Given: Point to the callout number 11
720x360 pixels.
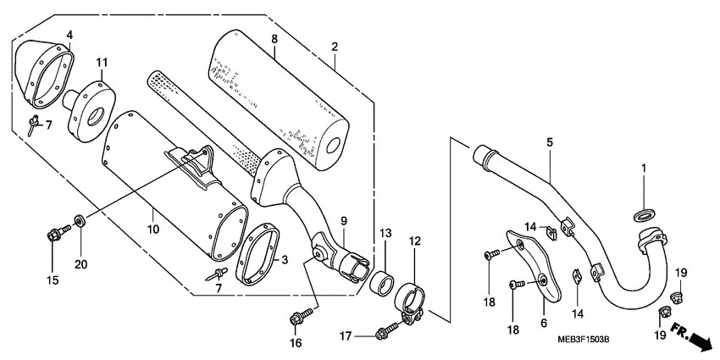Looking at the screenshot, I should (102, 62).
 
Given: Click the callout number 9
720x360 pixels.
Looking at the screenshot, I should (344, 220).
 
